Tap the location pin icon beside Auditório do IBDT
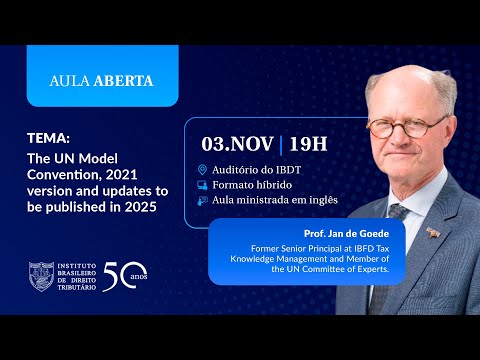coord(203,170)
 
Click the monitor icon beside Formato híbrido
coord(203,185)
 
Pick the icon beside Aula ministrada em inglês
coord(203,199)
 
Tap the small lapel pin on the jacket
coord(432,232)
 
